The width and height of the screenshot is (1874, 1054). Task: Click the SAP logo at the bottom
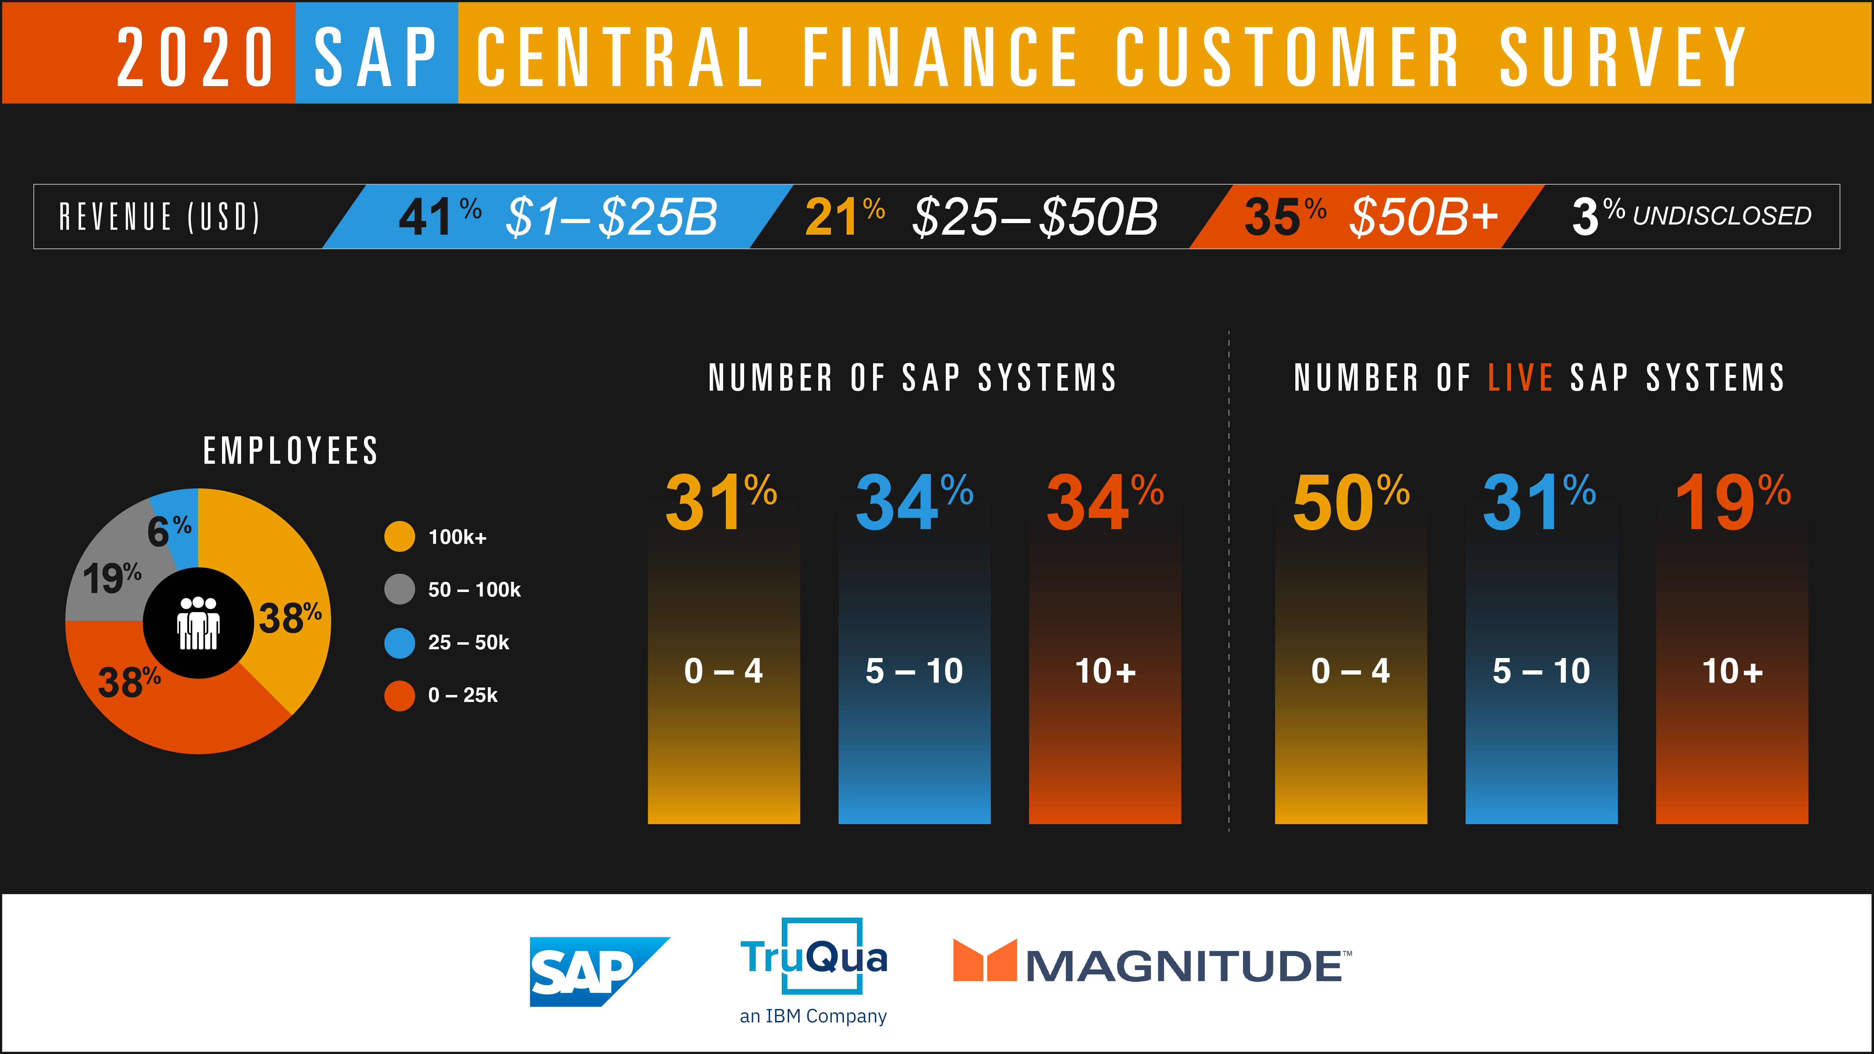(x=599, y=971)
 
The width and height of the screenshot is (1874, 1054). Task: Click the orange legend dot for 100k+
(x=399, y=537)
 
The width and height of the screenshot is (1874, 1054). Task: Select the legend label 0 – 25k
(x=463, y=695)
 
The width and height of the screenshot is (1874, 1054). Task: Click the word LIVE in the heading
(x=1521, y=378)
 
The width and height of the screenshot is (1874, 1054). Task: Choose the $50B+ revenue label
(x=1424, y=217)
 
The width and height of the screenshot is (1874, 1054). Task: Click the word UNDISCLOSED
(x=1722, y=216)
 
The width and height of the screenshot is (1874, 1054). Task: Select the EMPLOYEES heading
(x=290, y=451)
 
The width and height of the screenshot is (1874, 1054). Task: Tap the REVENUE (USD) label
(x=159, y=217)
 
